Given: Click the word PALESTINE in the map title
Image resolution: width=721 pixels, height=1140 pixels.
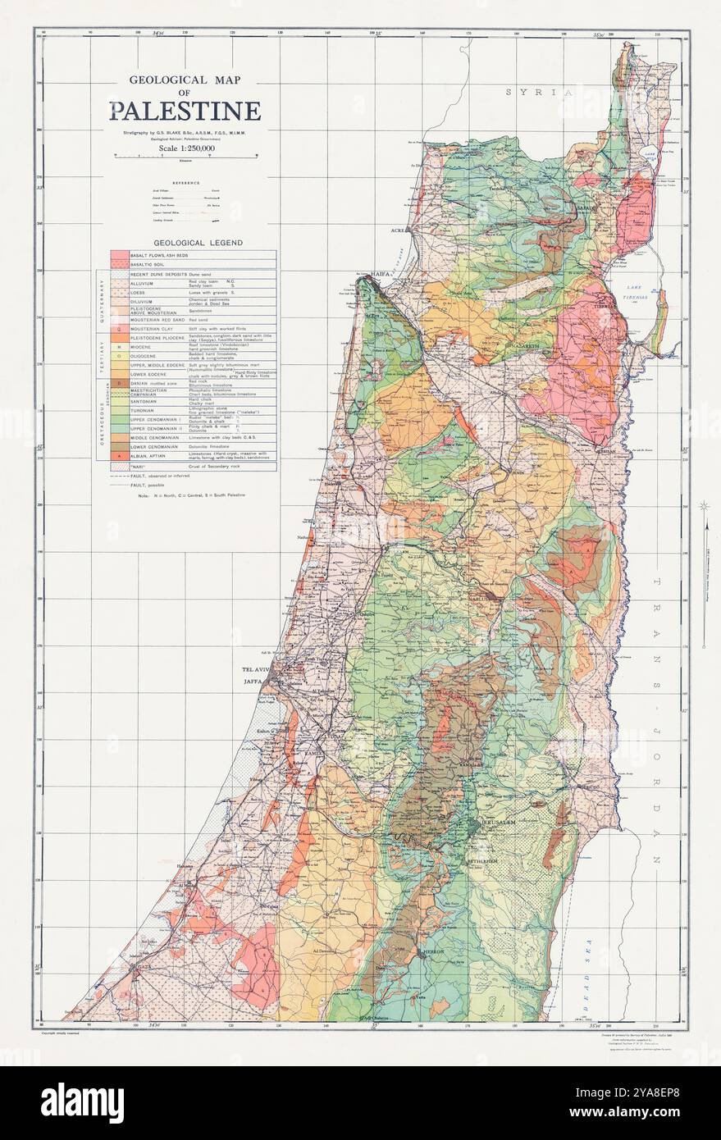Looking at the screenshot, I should (185, 111).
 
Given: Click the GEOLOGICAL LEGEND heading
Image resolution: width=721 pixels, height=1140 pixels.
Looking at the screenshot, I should (187, 244).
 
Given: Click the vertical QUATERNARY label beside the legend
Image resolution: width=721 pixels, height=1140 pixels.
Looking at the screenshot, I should (103, 303).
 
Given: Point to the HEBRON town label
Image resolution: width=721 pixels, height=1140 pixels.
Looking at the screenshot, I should (432, 951).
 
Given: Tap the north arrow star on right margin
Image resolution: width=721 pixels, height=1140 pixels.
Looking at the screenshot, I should (703, 506).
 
